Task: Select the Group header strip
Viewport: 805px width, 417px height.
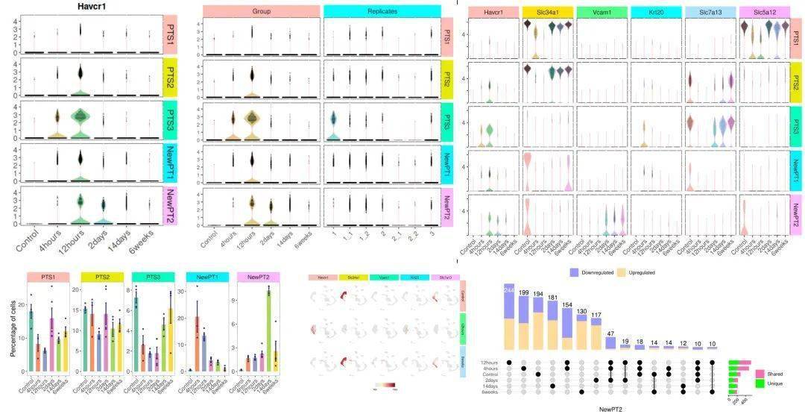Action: (261, 12)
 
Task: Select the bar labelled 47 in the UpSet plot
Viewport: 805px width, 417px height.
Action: (610, 342)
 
